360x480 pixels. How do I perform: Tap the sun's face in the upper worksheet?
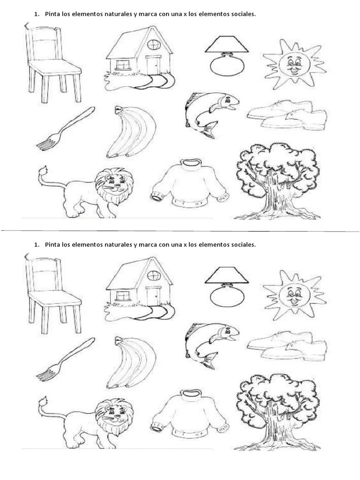point(292,64)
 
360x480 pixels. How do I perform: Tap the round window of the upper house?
point(153,45)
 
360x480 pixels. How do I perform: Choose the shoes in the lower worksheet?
point(287,345)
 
